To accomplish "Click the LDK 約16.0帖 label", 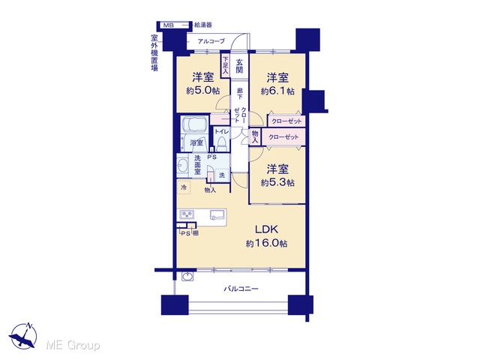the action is coord(266,236).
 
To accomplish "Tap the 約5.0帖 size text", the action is coord(202,91).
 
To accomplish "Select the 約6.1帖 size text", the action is coord(277,91).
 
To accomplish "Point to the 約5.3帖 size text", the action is coord(277,183).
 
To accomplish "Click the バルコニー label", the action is coord(241,289).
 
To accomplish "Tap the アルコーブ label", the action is coord(211,41).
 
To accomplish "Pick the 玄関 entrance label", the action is coord(239,65).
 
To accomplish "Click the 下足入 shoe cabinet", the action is coord(225,65).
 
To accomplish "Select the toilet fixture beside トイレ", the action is coord(221,144).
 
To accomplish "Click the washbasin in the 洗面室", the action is coord(183,166).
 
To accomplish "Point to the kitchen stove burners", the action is coord(187,214).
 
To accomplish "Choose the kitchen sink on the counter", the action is coord(217,214).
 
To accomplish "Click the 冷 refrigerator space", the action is coord(184,187).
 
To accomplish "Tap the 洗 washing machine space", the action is coord(222,175).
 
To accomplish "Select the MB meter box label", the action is coord(168,25).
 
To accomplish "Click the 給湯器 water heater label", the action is coord(203,25).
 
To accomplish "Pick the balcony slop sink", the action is coord(187,276).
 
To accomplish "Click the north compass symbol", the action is coord(23,336).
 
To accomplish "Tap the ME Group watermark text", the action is coord(73,345).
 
